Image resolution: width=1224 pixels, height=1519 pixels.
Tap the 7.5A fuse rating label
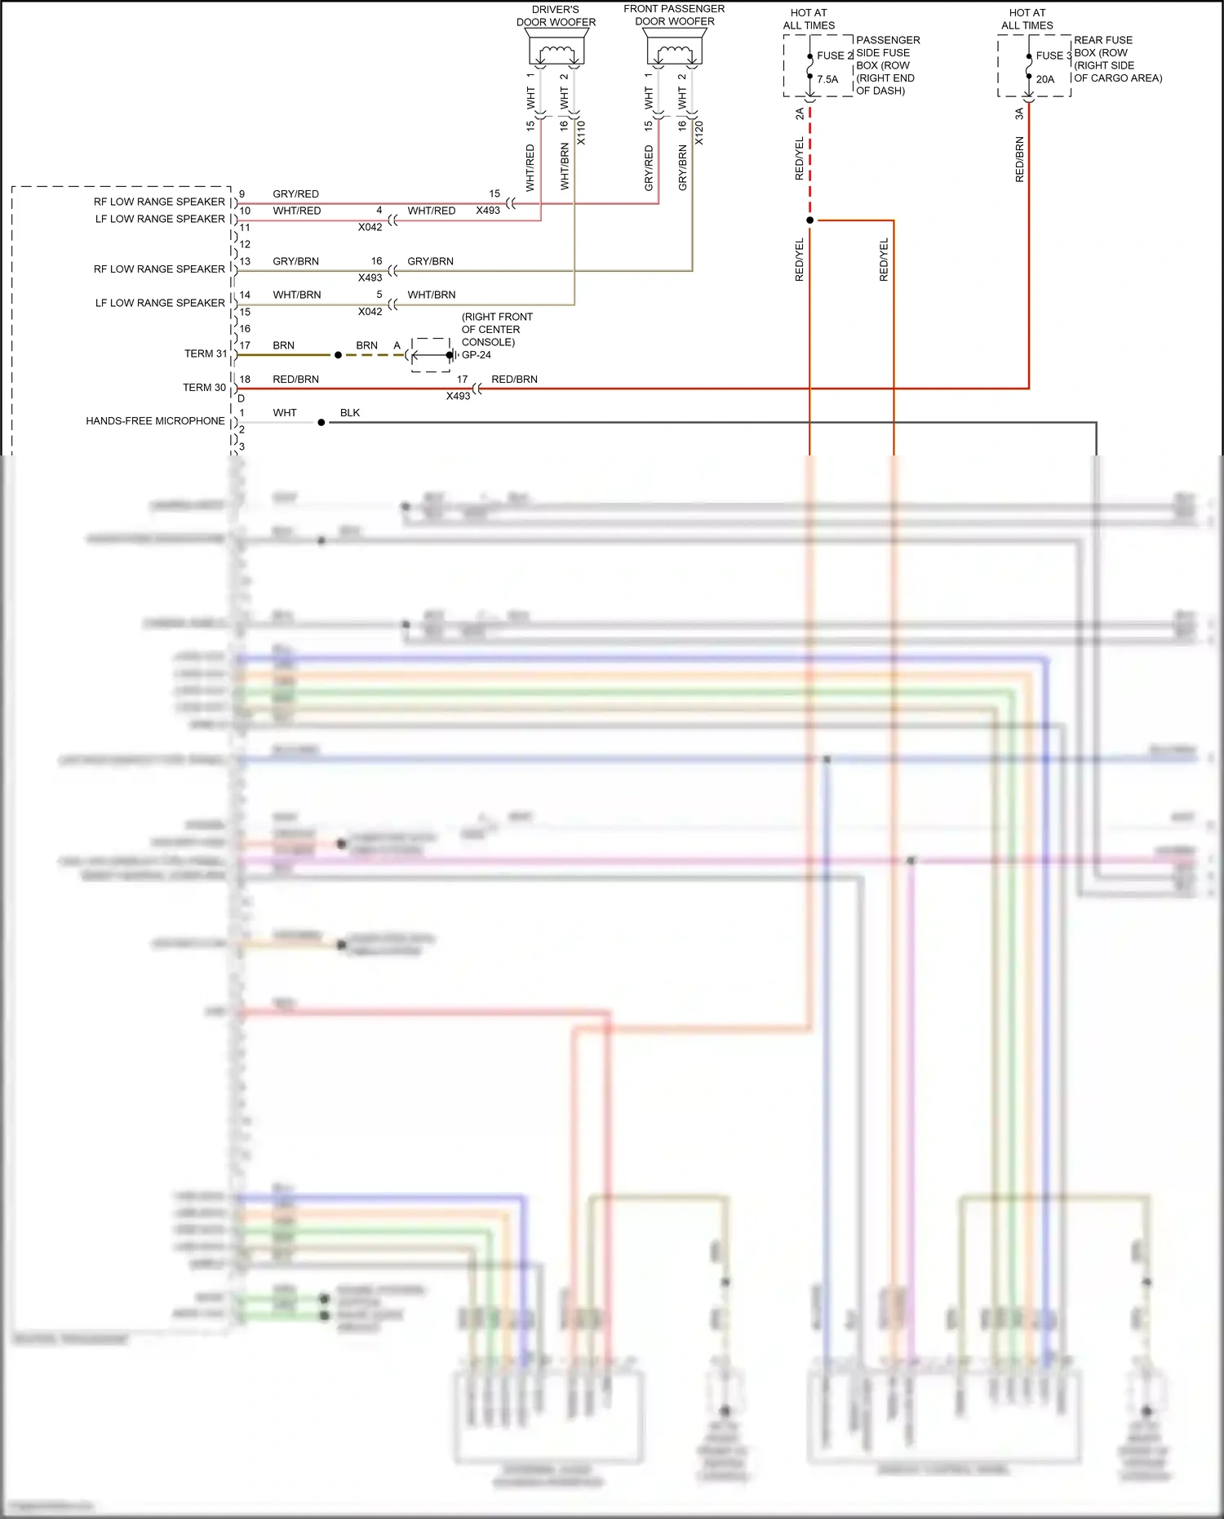827,80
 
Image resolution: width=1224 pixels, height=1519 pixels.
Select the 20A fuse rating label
1045,80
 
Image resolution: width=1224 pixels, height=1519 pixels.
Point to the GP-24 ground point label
477,355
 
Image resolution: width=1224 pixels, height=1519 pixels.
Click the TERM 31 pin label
206,353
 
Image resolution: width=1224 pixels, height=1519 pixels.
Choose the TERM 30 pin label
204,388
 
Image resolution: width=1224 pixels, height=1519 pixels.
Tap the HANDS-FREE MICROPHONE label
155,421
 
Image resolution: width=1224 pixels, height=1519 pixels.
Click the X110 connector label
581,133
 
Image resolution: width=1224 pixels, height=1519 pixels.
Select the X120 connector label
699,133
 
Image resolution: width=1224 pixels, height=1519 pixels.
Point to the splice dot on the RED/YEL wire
809,220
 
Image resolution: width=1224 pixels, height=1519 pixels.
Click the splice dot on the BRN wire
338,355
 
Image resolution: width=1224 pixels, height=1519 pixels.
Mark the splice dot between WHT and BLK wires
322,423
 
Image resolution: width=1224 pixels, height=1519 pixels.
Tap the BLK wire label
350,413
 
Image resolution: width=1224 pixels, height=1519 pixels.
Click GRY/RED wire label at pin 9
295,194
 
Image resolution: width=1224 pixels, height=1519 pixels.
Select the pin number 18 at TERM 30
245,380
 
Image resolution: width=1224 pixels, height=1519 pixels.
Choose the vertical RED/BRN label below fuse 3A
1019,159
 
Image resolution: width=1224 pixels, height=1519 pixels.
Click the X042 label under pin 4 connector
370,228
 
